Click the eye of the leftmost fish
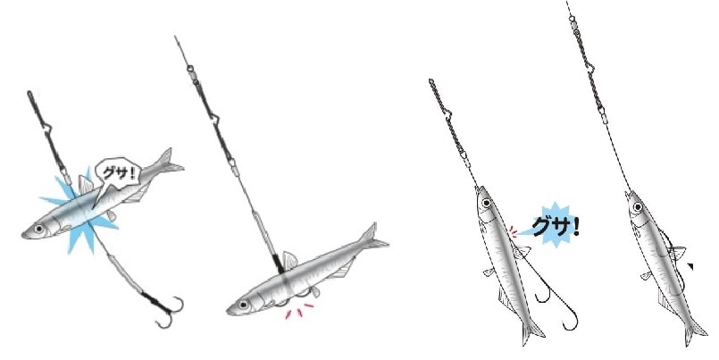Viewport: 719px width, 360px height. pos(39,228)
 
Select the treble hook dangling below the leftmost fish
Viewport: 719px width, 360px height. pos(167,310)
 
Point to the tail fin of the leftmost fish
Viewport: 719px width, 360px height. pos(169,162)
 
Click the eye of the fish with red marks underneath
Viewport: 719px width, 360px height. pos(243,304)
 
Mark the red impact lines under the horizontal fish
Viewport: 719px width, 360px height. pos(298,311)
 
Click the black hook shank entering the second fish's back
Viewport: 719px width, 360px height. pos(278,264)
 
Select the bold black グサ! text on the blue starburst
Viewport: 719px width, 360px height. pos(555,227)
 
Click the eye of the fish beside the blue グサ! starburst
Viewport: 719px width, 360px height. pos(487,202)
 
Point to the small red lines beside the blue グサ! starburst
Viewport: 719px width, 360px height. pos(513,232)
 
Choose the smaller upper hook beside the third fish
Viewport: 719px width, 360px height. pos(544,294)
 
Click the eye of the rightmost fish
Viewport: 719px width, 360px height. pos(638,207)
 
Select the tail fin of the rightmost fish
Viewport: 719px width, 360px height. pos(695,332)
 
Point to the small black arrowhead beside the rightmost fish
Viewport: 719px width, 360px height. pos(690,266)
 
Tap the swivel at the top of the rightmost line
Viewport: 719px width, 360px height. pos(572,20)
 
